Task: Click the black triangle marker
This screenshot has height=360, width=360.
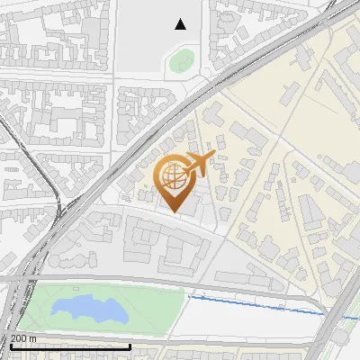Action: point(181,24)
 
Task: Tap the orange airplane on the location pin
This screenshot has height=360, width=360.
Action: point(199,164)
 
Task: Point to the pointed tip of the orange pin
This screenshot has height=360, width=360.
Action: point(175,212)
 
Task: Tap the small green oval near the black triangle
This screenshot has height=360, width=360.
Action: point(181,61)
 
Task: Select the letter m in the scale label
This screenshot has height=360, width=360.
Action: point(33,338)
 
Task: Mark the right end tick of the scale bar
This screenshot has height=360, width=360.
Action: point(131,346)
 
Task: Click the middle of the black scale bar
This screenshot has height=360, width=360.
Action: point(70,347)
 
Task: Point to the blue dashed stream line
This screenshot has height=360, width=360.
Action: point(261,303)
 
